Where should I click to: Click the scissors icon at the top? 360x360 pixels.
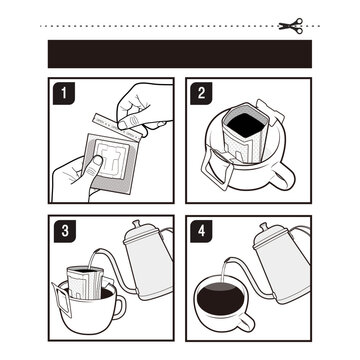tap(291, 24)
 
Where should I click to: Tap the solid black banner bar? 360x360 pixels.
tap(180, 53)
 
